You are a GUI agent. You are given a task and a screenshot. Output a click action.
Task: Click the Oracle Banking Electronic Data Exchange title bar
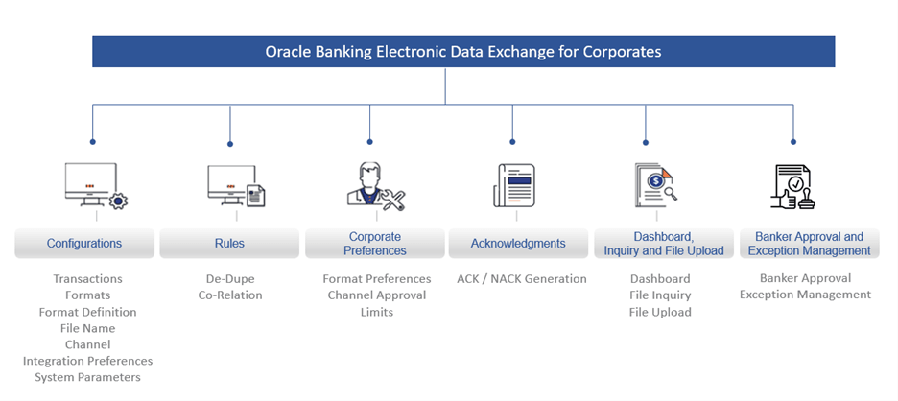tap(463, 52)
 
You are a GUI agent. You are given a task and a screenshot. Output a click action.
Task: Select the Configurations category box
tap(84, 244)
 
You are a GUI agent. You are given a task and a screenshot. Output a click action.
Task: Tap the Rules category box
tap(229, 244)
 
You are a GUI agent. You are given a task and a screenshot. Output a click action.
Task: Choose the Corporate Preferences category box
tap(374, 244)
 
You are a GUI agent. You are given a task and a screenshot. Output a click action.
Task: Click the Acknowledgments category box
tap(518, 244)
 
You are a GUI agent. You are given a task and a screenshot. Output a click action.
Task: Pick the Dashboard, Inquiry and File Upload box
tap(664, 244)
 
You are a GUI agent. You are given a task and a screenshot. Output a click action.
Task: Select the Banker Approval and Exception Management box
tap(809, 244)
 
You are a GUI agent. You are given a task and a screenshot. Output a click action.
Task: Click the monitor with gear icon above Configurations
tap(96, 185)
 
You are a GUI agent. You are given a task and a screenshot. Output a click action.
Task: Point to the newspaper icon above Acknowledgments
tap(514, 185)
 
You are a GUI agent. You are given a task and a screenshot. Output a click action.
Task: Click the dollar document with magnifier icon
tap(655, 185)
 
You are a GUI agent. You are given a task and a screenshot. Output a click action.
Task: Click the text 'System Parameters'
tap(87, 378)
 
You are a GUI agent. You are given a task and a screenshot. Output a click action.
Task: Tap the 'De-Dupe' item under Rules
tap(230, 279)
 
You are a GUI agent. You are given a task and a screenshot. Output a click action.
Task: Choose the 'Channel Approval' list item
tap(377, 295)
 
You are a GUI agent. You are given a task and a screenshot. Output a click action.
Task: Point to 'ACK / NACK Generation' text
tap(522, 279)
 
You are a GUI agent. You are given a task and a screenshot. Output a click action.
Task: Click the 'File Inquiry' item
tap(660, 295)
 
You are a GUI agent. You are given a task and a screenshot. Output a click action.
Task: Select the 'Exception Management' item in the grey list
tap(805, 295)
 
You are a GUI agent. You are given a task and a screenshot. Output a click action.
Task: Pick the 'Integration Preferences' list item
tap(87, 361)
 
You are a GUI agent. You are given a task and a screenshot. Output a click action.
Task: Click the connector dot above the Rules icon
tap(230, 144)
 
